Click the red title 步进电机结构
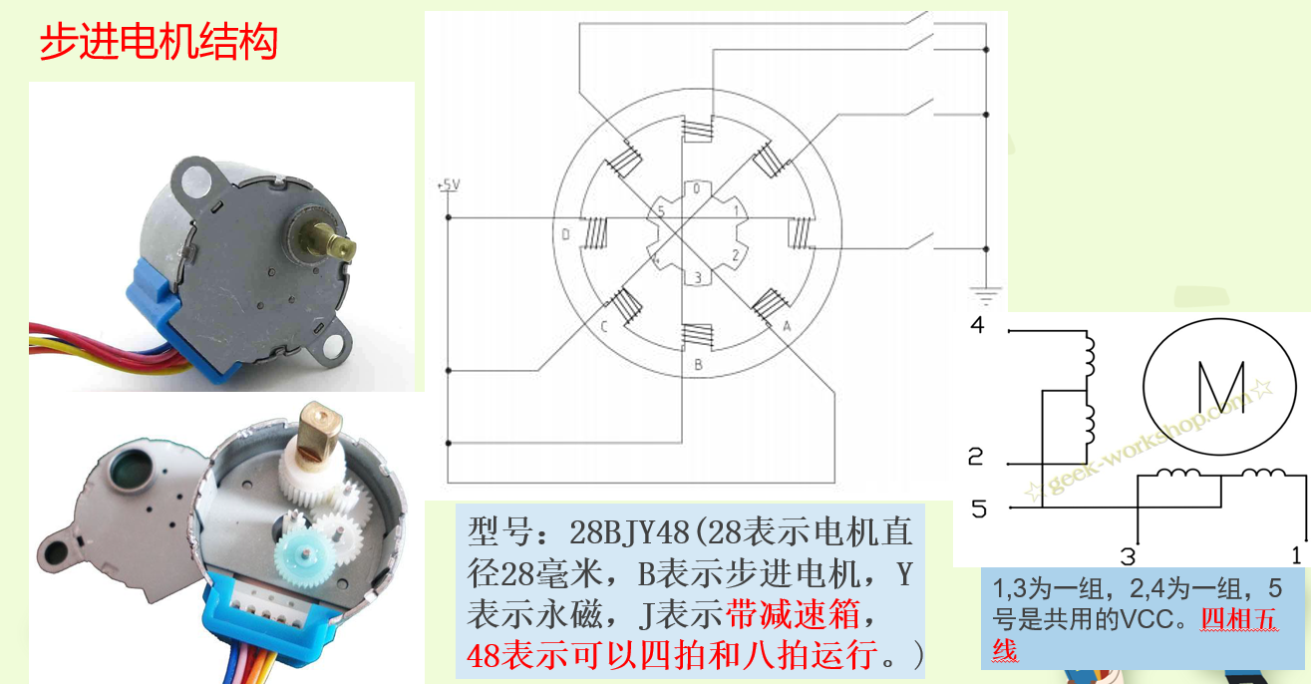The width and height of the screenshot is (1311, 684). click(158, 42)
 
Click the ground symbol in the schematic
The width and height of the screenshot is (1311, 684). click(985, 294)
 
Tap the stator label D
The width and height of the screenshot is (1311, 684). click(565, 235)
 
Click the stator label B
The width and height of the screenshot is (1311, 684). click(698, 365)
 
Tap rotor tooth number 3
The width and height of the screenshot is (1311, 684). click(698, 277)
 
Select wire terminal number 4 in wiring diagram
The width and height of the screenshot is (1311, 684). click(977, 325)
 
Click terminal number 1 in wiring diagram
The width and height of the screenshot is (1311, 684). click(1296, 554)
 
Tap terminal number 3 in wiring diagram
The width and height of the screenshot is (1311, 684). click(1128, 555)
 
